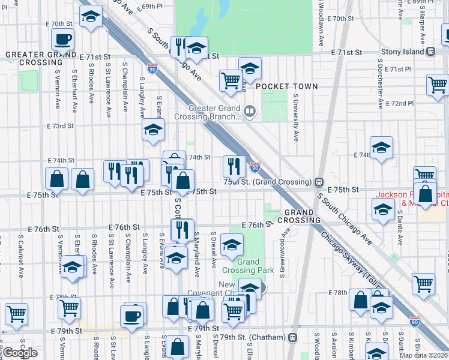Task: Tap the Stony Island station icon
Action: (x=431, y=52)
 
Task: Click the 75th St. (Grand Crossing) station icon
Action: (x=319, y=181)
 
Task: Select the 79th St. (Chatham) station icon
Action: (x=292, y=337)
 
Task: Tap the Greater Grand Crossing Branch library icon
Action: (x=249, y=110)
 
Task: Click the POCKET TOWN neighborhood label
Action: (x=287, y=86)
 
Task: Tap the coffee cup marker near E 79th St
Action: (x=132, y=315)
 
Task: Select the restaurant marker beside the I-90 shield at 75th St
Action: (x=234, y=165)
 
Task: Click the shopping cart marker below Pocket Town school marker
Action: (x=231, y=79)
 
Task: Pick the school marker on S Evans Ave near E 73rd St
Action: (x=154, y=129)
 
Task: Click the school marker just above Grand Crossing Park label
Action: (x=232, y=244)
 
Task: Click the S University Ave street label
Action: (x=296, y=116)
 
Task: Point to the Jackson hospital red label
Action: (x=412, y=199)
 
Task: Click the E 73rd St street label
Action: (x=60, y=126)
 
